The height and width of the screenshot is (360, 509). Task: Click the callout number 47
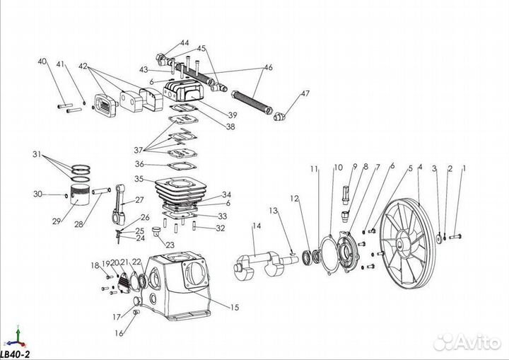pos(305,93)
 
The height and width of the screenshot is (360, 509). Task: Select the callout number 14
pos(257,226)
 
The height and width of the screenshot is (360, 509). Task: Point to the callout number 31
pos(37,153)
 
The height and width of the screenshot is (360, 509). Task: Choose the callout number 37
pos(138,150)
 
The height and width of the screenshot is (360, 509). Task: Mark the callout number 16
pos(119,332)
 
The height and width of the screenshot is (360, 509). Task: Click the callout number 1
pos(464,168)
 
